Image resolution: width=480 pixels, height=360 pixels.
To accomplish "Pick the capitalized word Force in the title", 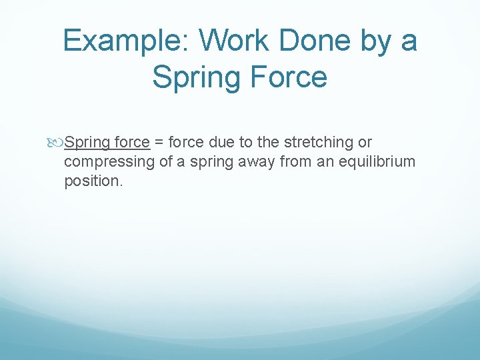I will (289, 76).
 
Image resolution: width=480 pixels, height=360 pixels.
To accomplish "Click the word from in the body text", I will (297, 162).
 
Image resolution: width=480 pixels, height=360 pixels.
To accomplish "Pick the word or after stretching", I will (365, 143).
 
